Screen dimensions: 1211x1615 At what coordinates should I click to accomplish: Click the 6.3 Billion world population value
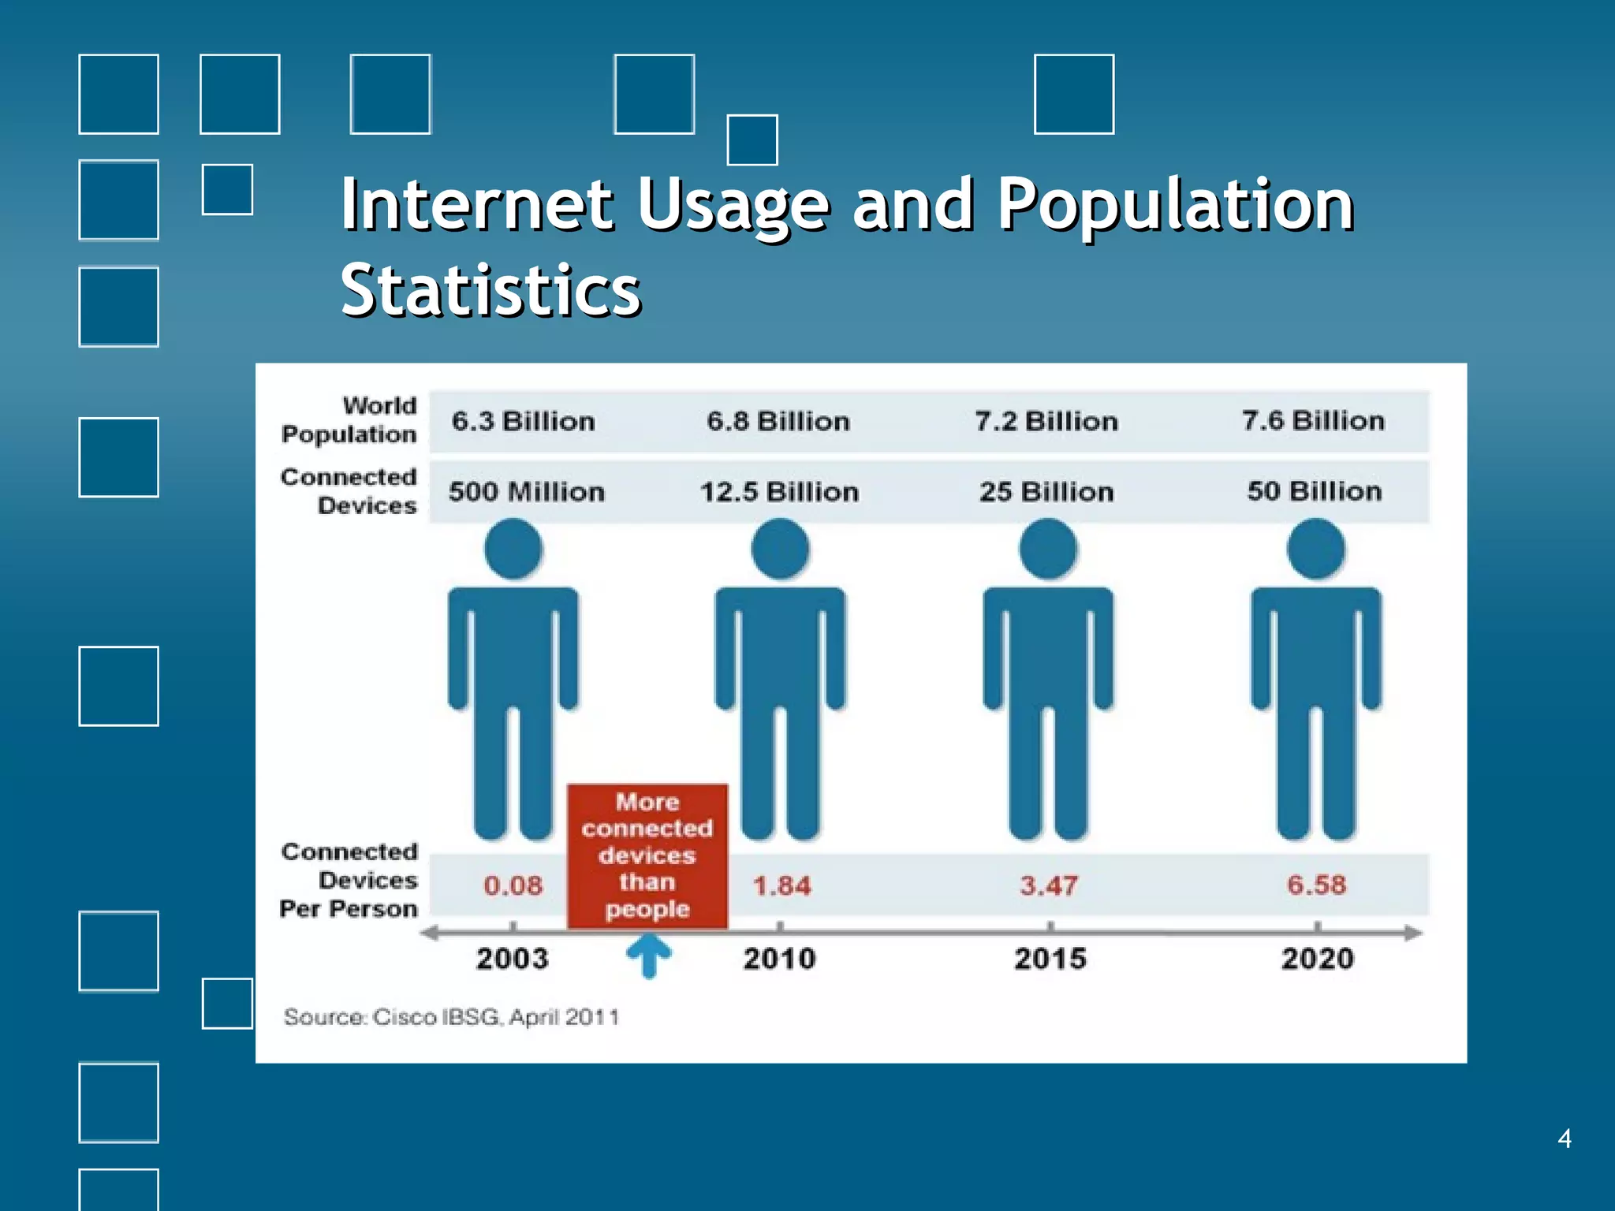(523, 421)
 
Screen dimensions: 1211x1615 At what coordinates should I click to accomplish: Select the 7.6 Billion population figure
(1313, 421)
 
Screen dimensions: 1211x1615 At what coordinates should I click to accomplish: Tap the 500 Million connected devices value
(526, 492)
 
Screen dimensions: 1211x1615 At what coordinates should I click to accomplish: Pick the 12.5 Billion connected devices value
(779, 492)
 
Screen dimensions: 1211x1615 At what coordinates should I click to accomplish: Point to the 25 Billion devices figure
(1046, 492)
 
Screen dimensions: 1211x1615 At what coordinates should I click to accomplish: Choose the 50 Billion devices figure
(1315, 491)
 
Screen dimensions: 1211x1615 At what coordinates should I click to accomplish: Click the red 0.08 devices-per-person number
(513, 885)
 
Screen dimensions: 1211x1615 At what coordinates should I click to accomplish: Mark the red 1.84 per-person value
(781, 885)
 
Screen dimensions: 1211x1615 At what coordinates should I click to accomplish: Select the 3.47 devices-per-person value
(1048, 885)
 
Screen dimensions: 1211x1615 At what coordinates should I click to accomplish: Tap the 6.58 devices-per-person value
(1316, 885)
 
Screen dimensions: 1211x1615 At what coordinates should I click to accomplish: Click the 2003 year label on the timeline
(512, 959)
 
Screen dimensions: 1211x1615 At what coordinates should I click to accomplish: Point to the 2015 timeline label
(1050, 959)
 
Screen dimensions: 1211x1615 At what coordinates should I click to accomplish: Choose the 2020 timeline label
(1317, 959)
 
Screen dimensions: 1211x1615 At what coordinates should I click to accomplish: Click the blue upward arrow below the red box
(648, 955)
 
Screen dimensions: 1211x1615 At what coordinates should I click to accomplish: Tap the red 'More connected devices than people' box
(647, 855)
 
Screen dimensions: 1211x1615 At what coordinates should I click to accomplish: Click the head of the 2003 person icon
(513, 549)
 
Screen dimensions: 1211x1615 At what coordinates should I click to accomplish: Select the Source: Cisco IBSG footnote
(451, 1017)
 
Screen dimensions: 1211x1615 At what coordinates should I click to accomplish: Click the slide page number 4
(1565, 1138)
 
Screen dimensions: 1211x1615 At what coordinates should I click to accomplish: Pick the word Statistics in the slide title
(490, 290)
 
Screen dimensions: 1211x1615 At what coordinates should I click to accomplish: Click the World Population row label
(349, 419)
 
